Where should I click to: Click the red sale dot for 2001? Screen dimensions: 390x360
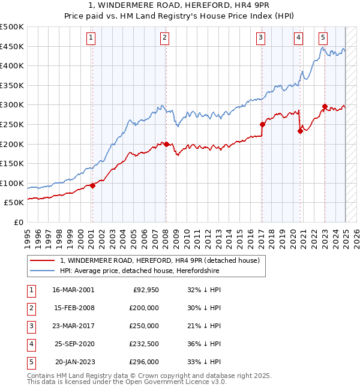point(93,185)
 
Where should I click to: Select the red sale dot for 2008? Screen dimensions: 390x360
point(166,144)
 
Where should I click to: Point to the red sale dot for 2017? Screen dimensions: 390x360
point(262,124)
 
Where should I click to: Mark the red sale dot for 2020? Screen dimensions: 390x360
point(299,131)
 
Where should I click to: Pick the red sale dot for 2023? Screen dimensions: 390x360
point(325,107)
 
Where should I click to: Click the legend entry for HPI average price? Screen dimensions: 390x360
point(140,271)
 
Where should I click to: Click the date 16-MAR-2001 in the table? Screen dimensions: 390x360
point(73,290)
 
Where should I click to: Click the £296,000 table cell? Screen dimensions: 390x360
point(143,362)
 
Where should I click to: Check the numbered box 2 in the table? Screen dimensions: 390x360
point(31,308)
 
